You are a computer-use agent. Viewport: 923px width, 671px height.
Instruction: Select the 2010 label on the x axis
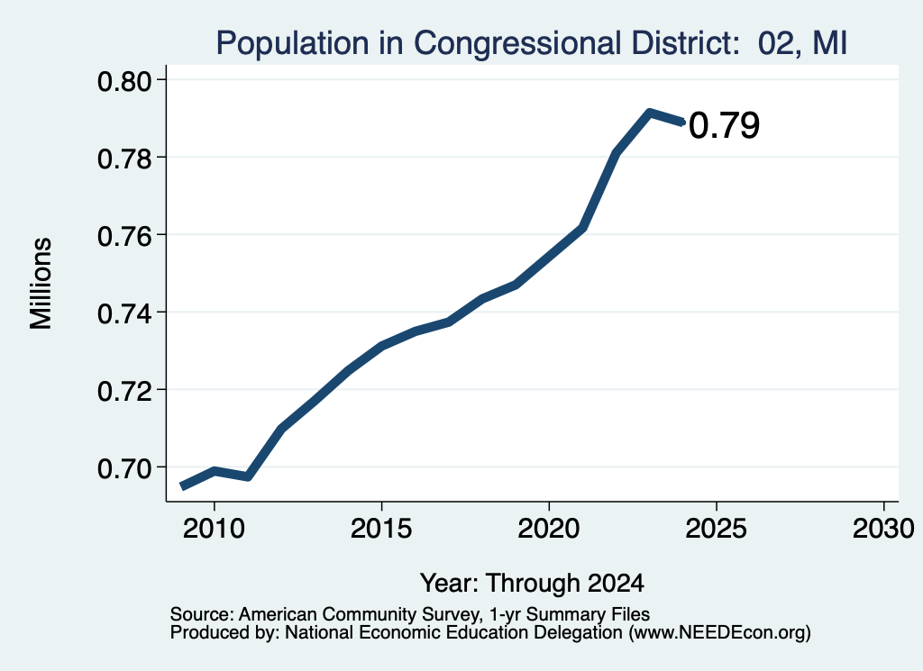pyautogui.click(x=214, y=529)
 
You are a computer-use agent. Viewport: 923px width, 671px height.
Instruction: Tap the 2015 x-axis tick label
pyautogui.click(x=381, y=529)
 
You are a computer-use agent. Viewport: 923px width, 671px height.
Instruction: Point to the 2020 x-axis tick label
pyautogui.click(x=549, y=529)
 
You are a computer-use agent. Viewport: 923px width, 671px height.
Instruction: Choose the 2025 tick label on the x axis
pyautogui.click(x=716, y=529)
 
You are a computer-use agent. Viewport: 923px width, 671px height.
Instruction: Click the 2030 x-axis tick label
pyautogui.click(x=883, y=529)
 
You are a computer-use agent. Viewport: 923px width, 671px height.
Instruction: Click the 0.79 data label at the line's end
pyautogui.click(x=724, y=125)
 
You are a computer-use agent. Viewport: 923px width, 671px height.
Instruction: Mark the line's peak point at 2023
pyautogui.click(x=649, y=113)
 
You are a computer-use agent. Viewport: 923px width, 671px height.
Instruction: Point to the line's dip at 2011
pyautogui.click(x=248, y=476)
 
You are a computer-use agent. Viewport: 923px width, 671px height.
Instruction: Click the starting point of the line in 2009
pyautogui.click(x=182, y=486)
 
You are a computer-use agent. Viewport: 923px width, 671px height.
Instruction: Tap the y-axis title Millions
pyautogui.click(x=41, y=283)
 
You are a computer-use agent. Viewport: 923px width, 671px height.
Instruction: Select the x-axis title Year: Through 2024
pyautogui.click(x=532, y=584)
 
